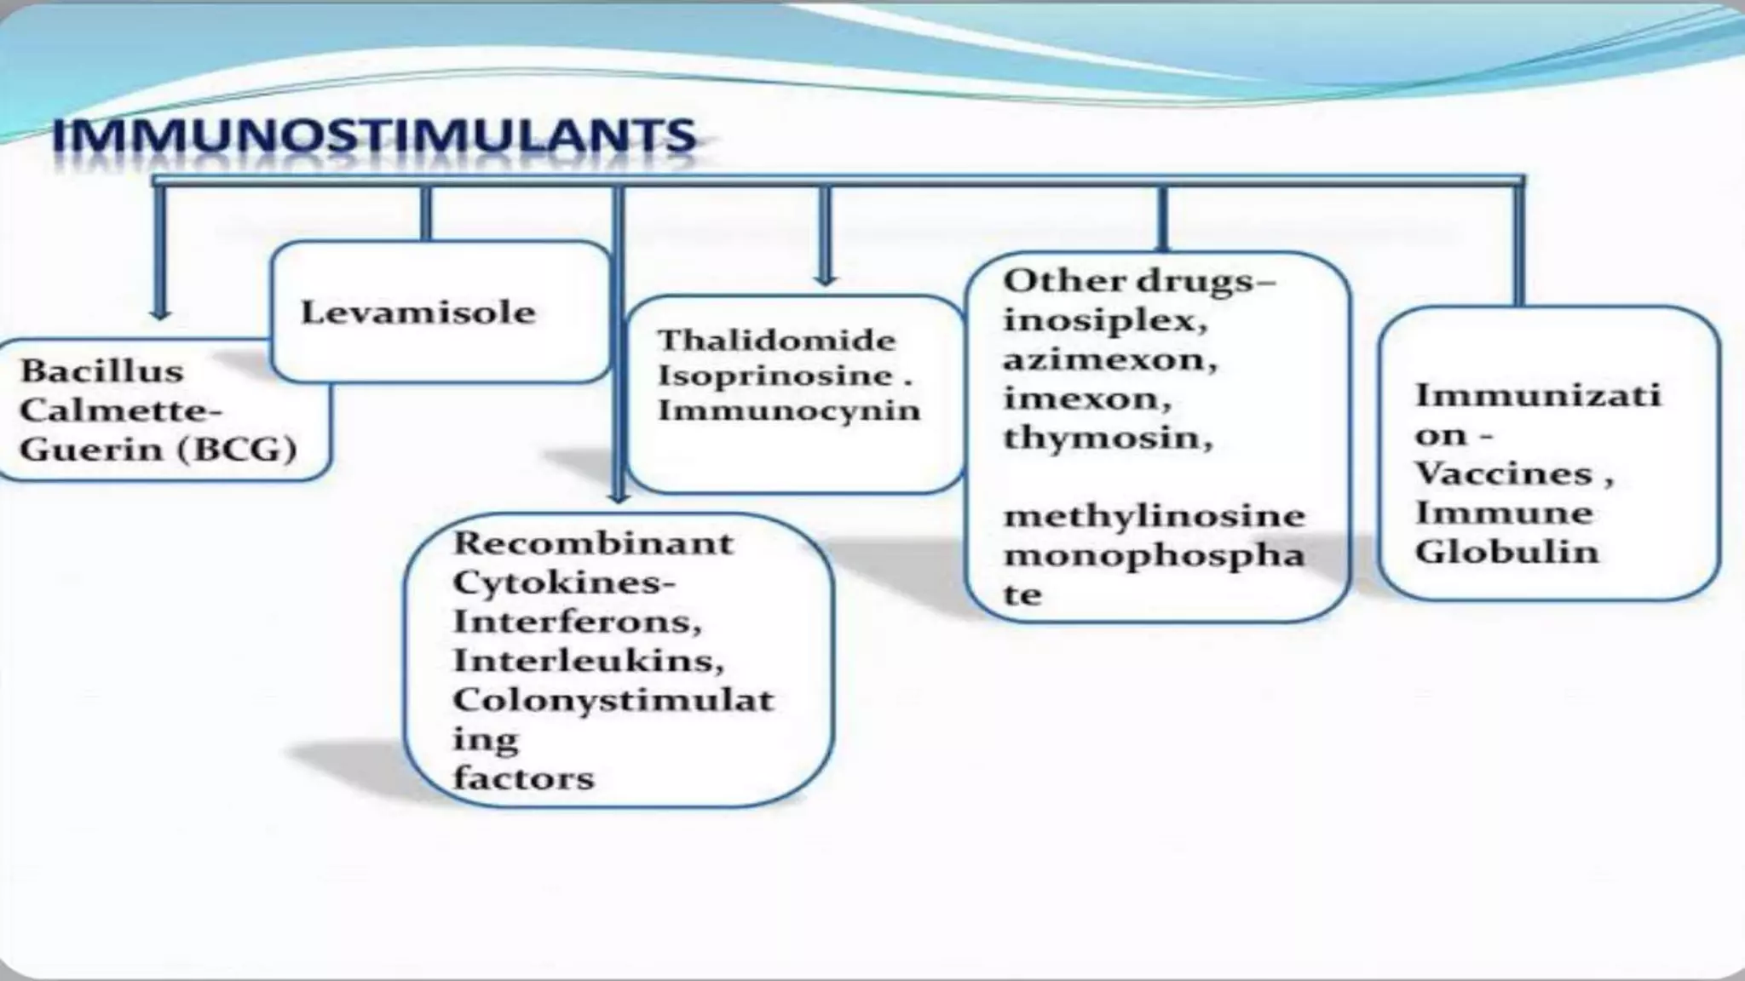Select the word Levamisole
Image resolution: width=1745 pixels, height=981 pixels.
tap(418, 313)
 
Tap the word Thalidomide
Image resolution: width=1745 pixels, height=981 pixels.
tap(776, 341)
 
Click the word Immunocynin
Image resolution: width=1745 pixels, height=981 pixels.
tap(789, 411)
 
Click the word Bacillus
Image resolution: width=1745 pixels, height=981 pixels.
tap(101, 371)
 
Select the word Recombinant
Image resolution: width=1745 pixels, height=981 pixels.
tap(592, 543)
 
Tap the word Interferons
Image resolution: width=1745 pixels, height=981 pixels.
tap(576, 622)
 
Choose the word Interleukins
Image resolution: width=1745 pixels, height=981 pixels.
tap(588, 661)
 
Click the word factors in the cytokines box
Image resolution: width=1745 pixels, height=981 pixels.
tap(522, 778)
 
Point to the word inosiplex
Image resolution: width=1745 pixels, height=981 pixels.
tap(1104, 321)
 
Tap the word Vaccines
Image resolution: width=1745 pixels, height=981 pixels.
tap(1503, 473)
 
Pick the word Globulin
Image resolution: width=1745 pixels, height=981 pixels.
tap(1506, 552)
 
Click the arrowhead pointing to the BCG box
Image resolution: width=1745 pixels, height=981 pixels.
tap(159, 313)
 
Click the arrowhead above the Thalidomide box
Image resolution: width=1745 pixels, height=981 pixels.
tap(824, 278)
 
